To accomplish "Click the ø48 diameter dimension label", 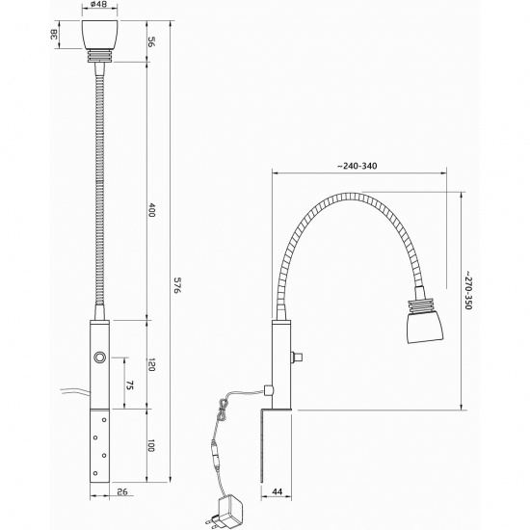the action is click(x=99, y=6).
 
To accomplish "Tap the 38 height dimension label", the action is click(x=54, y=34).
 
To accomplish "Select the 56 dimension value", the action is click(x=151, y=42).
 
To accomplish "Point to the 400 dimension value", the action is click(x=151, y=210).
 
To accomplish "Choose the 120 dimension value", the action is click(x=151, y=364).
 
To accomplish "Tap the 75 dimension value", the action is click(x=130, y=385).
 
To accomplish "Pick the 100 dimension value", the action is click(x=150, y=445).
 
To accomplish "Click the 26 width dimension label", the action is click(x=122, y=491).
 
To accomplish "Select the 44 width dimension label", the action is click(x=277, y=491).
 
